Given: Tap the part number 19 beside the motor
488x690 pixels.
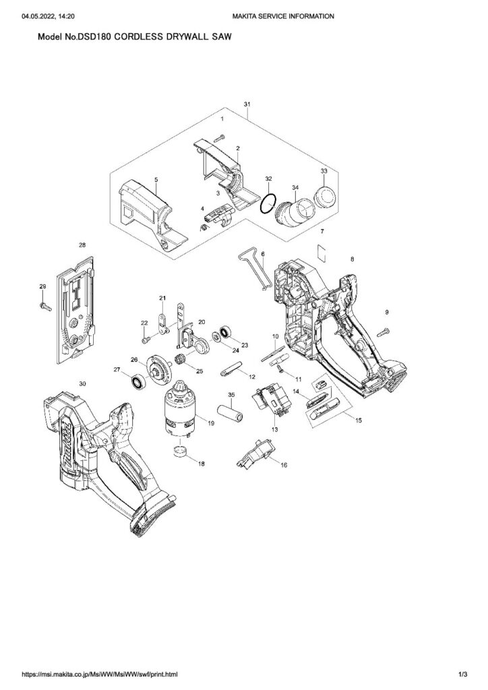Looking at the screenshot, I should point(211,423).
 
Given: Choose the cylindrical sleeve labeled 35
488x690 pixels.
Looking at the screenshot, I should point(230,410).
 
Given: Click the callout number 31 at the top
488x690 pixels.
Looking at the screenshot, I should point(247,104).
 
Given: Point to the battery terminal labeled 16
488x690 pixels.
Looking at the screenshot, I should point(258,452).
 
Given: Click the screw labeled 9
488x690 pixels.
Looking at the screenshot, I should point(384,331).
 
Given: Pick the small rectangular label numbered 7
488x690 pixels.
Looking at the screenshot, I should point(322,250).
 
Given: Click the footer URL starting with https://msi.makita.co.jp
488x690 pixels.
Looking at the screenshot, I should point(100,673).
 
